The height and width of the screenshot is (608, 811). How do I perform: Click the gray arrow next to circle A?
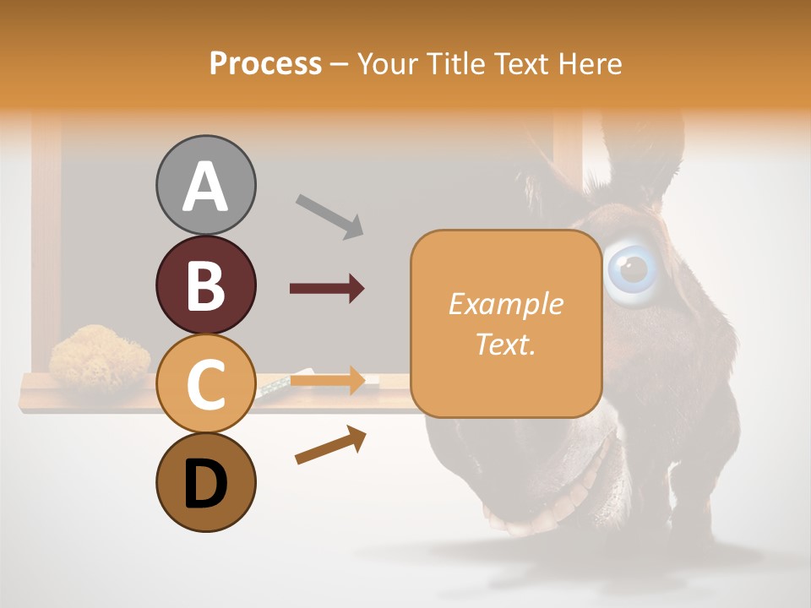[329, 215]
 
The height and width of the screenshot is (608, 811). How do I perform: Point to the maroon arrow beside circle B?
[327, 289]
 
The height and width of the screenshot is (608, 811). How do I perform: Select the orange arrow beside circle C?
[327, 380]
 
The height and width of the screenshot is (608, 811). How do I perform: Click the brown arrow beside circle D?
[330, 445]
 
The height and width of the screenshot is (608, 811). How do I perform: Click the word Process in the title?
[265, 63]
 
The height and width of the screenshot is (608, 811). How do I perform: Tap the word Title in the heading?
[456, 63]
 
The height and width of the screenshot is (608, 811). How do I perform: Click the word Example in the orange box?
[505, 304]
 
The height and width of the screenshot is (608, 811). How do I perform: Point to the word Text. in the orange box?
[505, 345]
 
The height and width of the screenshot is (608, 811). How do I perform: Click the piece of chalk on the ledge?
[275, 387]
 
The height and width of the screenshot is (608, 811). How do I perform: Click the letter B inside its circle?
[206, 285]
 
